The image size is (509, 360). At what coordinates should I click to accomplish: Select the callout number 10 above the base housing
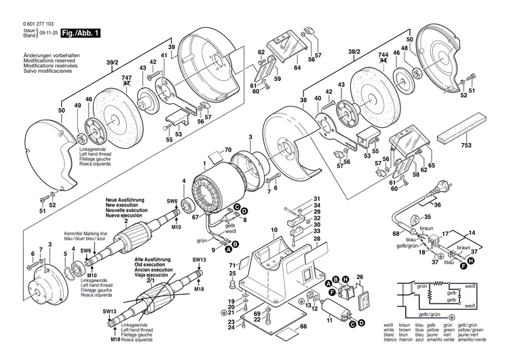[x=274, y=232]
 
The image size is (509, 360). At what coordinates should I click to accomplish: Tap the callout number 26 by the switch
[x=360, y=277]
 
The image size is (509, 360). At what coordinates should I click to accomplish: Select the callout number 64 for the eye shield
[x=297, y=67]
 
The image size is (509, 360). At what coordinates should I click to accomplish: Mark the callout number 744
[x=383, y=56]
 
